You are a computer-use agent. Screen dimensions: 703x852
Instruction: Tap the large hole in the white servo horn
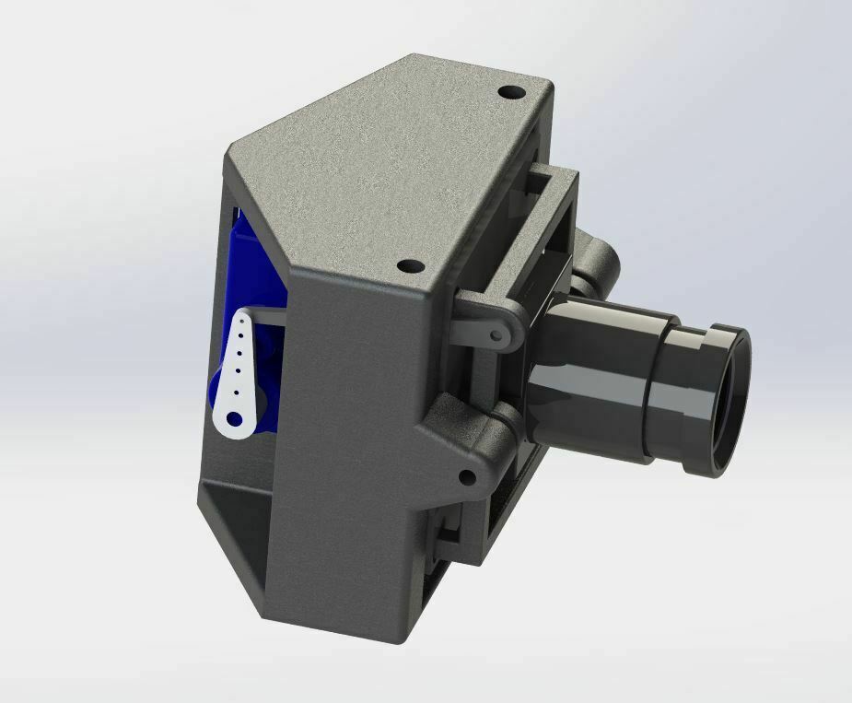click(x=233, y=420)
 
